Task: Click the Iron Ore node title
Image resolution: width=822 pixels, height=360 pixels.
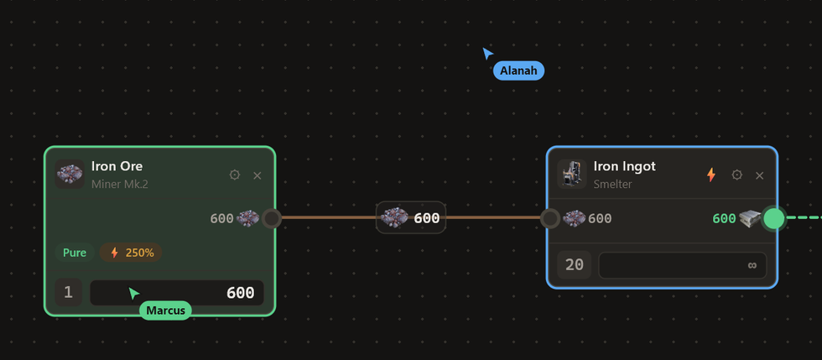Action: pos(117,166)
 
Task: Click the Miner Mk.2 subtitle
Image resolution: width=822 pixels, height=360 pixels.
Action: pos(119,185)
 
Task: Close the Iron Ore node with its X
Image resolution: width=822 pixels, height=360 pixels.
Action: pos(258,175)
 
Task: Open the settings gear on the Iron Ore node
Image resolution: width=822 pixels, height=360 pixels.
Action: pos(235,175)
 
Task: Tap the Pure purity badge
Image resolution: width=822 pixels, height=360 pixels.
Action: pos(75,253)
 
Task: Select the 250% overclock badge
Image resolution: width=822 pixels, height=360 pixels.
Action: pos(131,253)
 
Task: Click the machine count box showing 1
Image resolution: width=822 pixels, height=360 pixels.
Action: pos(69,292)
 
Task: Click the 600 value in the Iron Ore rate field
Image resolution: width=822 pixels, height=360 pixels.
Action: pos(241,293)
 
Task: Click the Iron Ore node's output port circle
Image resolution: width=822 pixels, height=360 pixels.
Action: pos(272,218)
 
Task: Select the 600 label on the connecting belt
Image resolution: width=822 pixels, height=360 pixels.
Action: pos(427,218)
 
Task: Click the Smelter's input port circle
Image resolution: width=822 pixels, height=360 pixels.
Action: pos(550,218)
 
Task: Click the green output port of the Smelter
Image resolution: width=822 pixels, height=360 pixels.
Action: pos(773,218)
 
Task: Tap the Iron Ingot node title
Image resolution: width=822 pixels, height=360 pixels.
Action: pos(624,166)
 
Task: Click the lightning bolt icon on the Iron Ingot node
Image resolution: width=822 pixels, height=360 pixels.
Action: pos(711,175)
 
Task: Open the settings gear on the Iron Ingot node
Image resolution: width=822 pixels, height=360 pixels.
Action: pos(737,175)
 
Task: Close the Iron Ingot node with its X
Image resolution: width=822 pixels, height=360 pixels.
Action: pos(760,175)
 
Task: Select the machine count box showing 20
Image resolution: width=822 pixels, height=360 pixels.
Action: pos(575,265)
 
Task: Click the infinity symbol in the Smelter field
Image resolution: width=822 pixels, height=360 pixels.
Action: pos(752,265)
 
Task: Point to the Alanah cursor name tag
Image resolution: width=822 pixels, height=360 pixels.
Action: pos(518,70)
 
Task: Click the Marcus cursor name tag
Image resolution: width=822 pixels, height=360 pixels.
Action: pos(166,310)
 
